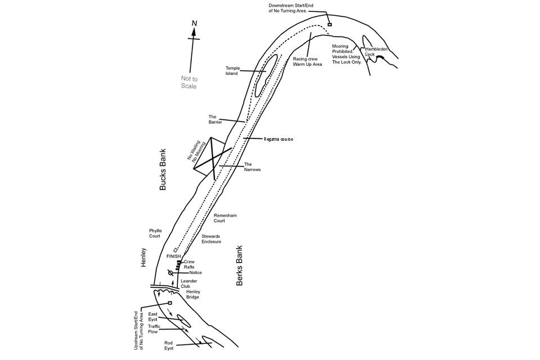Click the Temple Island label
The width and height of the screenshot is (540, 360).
233,71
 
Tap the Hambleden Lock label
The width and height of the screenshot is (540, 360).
376,52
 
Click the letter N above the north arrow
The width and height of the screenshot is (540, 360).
194,24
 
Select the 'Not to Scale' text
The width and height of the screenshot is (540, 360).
189,82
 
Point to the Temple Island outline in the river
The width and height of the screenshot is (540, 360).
265,75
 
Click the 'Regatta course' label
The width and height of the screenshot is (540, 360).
278,139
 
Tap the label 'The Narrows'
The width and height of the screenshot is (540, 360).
253,166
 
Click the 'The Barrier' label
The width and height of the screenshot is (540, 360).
215,119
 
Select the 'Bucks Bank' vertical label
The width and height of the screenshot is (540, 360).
163,169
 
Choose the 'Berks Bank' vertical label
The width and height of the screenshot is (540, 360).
240,265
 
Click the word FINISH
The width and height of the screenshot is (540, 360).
174,256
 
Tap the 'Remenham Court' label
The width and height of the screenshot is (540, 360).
225,218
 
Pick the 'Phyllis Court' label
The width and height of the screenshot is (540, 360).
155,233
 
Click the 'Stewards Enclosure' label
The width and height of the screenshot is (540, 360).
211,239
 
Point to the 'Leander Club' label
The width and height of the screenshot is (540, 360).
189,283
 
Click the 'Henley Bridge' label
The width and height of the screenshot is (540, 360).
193,294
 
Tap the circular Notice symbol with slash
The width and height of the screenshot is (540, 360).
170,273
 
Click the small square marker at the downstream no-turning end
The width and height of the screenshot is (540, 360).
330,24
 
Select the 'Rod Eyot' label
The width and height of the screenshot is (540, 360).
169,345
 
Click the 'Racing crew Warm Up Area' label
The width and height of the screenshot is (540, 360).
308,62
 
